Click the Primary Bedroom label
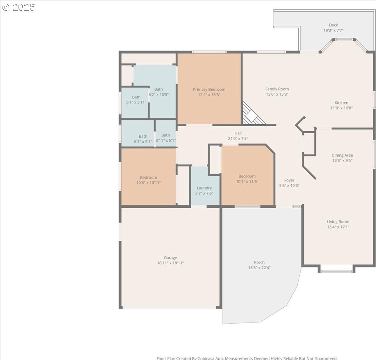[209, 89]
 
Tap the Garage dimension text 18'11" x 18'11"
[170, 263]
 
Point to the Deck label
[333, 25]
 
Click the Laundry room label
[204, 188]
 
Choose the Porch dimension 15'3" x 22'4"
[259, 268]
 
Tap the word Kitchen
[341, 103]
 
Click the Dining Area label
[342, 155]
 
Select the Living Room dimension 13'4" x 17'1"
[338, 227]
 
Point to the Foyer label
[289, 180]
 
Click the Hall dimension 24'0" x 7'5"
[238, 139]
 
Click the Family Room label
[277, 89]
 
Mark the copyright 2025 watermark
[18, 7]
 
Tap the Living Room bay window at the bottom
[336, 269]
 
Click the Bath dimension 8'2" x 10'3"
[159, 94]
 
